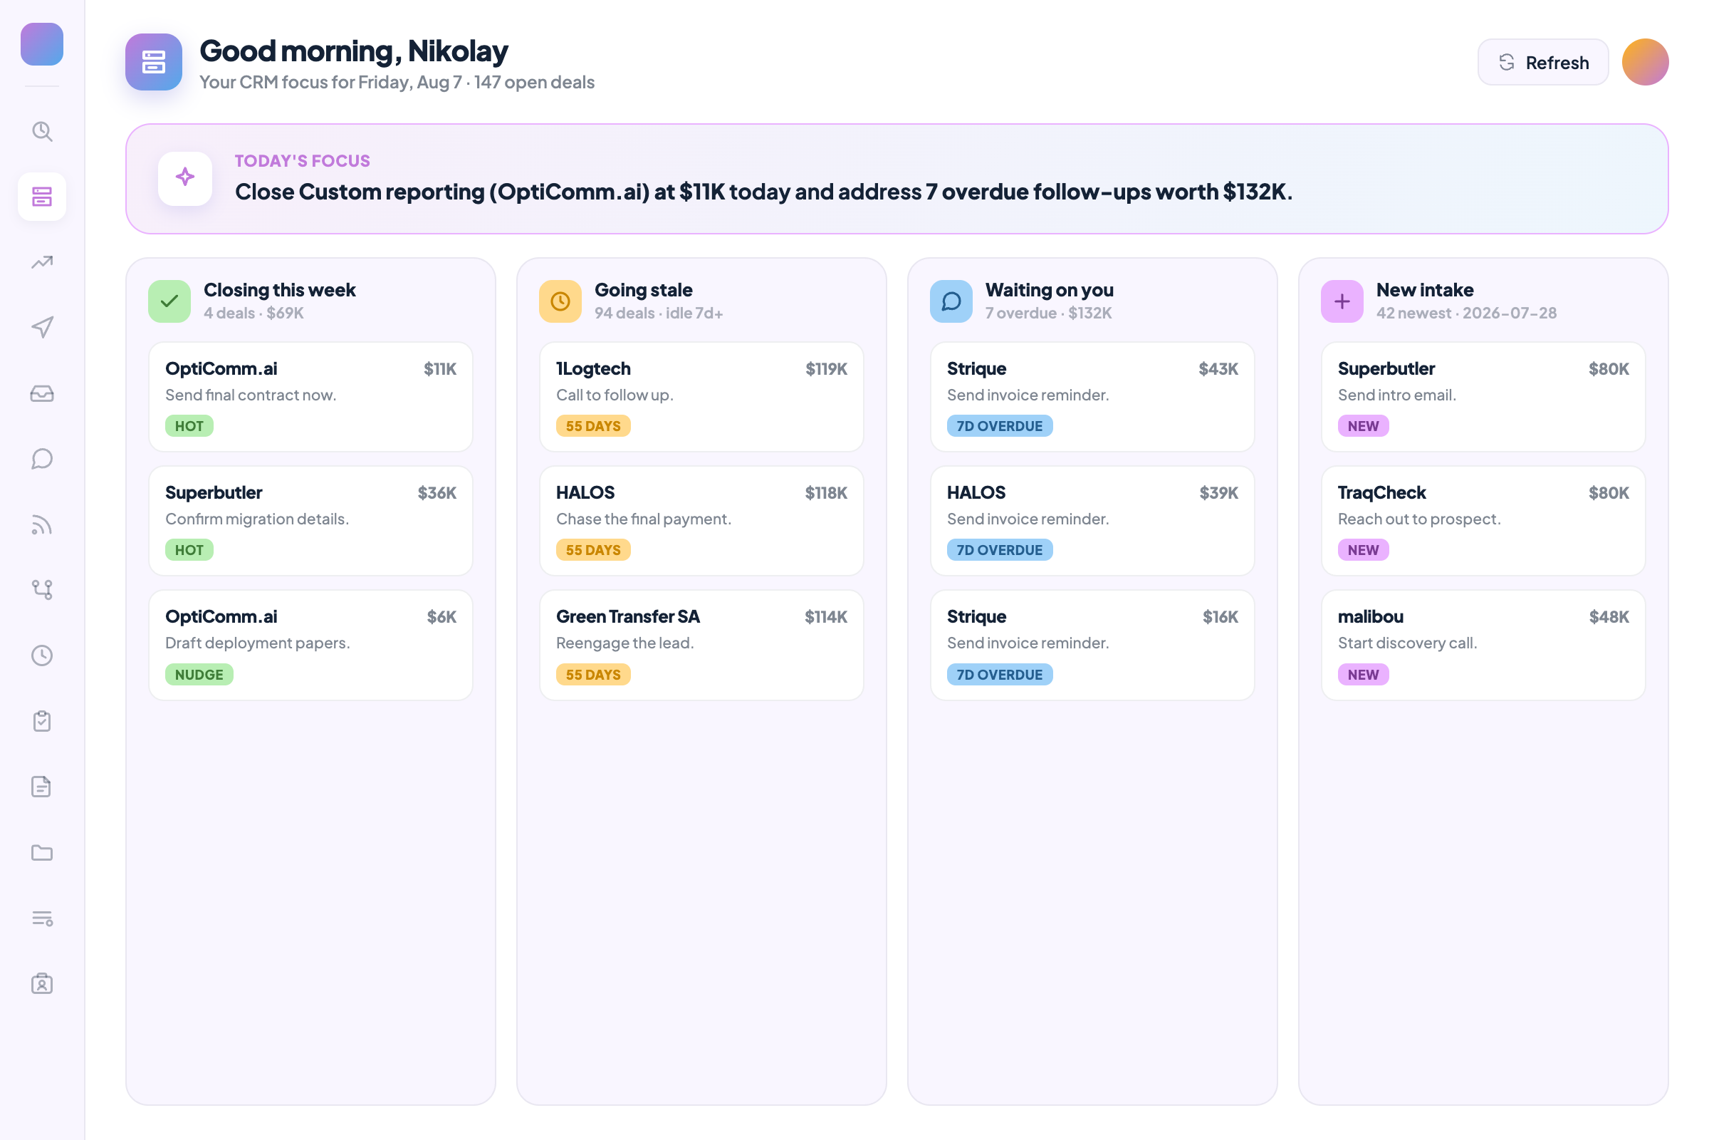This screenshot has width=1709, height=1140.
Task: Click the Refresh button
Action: pyautogui.click(x=1542, y=63)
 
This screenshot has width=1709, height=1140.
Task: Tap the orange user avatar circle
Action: pyautogui.click(x=1645, y=63)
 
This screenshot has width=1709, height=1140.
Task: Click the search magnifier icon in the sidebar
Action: pyautogui.click(x=42, y=132)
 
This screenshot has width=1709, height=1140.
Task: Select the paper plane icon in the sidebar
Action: pyautogui.click(x=42, y=327)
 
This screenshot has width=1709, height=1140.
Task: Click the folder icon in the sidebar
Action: pyautogui.click(x=42, y=852)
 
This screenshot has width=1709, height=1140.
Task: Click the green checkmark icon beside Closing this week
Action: pyautogui.click(x=169, y=301)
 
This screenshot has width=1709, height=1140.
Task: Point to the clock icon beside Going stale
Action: pyautogui.click(x=560, y=301)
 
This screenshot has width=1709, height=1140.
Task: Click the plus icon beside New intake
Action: pyautogui.click(x=1342, y=301)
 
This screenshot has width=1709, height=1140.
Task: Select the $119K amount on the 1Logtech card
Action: pyautogui.click(x=826, y=369)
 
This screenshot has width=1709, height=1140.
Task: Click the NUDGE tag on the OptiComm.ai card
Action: pyautogui.click(x=199, y=675)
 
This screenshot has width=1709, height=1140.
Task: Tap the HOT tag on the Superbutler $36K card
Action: pyautogui.click(x=189, y=549)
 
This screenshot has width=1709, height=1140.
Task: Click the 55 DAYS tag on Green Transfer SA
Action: pyautogui.click(x=593, y=675)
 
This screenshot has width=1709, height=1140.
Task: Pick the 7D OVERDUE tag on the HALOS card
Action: pyautogui.click(x=999, y=549)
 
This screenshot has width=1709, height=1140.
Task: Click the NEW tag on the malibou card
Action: pyautogui.click(x=1363, y=675)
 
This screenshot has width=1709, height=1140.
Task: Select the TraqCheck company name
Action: pyautogui.click(x=1381, y=493)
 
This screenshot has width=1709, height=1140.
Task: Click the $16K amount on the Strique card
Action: pyautogui.click(x=1220, y=617)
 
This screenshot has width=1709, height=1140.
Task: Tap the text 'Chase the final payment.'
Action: pyautogui.click(x=643, y=519)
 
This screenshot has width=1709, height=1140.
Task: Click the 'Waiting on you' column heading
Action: pyautogui.click(x=1049, y=290)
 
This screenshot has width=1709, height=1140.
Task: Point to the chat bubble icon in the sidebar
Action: pyautogui.click(x=42, y=459)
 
